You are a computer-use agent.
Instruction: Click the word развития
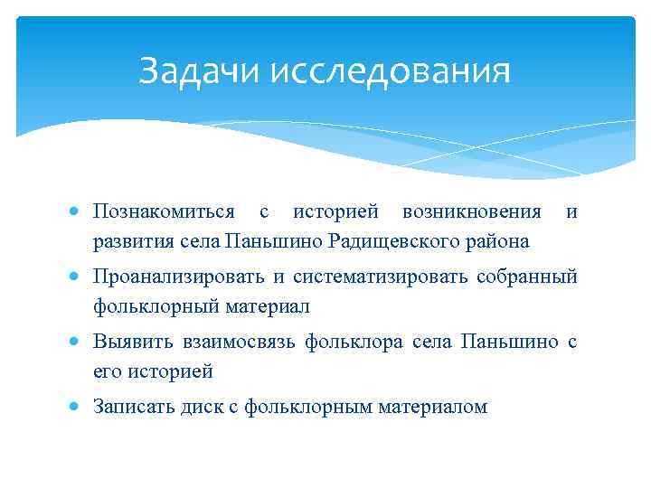click(x=123, y=241)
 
